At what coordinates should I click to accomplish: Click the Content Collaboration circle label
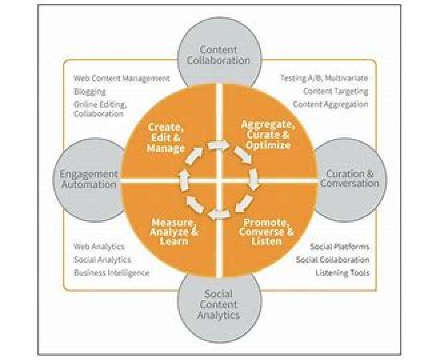(x=219, y=55)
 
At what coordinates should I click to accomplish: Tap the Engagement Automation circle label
(x=89, y=179)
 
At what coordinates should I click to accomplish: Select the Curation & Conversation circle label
(x=349, y=178)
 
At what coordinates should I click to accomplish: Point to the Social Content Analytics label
(x=219, y=304)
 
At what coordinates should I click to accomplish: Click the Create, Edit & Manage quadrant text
(x=166, y=138)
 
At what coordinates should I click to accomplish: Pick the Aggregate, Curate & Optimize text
(x=268, y=135)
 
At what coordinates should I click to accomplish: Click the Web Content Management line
(x=122, y=78)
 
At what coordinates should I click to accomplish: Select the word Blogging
(x=90, y=91)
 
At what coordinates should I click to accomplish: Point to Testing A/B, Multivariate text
(x=324, y=78)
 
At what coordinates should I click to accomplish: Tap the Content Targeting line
(x=335, y=91)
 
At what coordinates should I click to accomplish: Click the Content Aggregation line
(x=330, y=104)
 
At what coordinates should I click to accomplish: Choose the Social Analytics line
(x=102, y=260)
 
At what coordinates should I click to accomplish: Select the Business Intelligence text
(x=111, y=273)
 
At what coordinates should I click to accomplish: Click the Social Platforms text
(x=340, y=246)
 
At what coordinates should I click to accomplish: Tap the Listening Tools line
(x=342, y=273)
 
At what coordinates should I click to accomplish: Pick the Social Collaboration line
(x=333, y=260)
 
